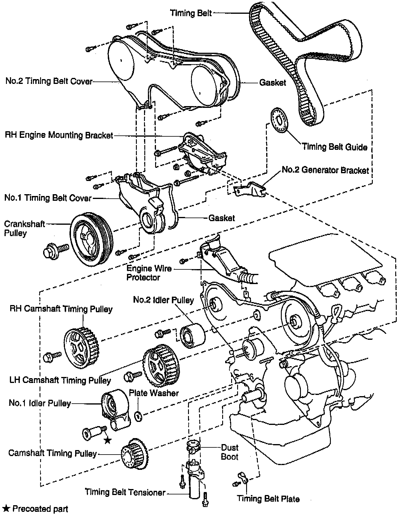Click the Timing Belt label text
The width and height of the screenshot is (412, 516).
pos(191,13)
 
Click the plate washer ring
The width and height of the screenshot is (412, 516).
pos(138,416)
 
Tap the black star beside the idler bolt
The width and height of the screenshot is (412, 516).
pos(107,440)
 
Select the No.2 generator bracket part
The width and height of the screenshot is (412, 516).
pos(250,189)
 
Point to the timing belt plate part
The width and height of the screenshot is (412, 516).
pos(243,478)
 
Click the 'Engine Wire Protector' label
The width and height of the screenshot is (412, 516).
pos(149,273)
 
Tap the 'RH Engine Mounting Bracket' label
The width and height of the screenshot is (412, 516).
pos(59,135)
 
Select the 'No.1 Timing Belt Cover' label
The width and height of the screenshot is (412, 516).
pos(48,198)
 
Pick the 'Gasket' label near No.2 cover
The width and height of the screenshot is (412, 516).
pos(272,83)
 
